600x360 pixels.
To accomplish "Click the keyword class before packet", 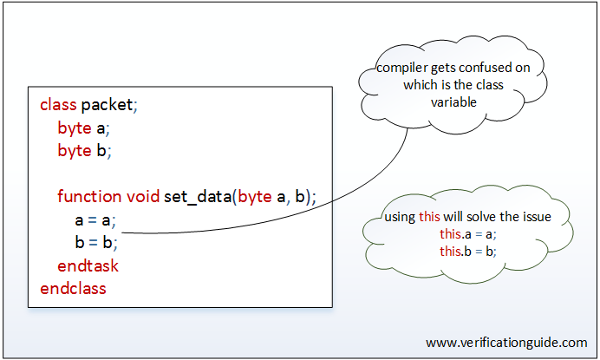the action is (58, 105).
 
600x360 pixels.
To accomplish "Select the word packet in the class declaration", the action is (108, 105).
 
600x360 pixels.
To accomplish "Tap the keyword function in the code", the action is (89, 196).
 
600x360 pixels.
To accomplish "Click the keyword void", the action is (143, 196).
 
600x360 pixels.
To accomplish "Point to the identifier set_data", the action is (198, 197).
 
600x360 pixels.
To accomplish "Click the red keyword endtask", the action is (88, 265).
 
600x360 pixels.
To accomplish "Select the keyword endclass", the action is (73, 288).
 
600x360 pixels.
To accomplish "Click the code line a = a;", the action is (95, 220).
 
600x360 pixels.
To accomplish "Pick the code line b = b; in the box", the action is (96, 243).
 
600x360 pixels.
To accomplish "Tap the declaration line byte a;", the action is (84, 128).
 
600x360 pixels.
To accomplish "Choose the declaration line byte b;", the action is (85, 151).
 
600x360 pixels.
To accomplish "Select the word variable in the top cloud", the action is (453, 102).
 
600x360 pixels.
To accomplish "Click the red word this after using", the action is (429, 216).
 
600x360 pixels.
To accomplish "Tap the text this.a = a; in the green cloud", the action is (468, 234).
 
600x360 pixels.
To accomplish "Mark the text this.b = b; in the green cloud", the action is (468, 252).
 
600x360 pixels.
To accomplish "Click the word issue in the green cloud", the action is (538, 217).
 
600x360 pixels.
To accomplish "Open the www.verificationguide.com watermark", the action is (506, 343).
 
